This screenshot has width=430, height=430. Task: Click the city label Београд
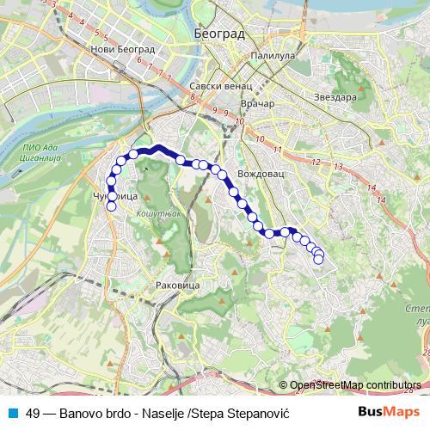[x=220, y=34]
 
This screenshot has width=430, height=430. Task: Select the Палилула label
[x=273, y=55]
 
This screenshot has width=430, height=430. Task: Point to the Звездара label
[x=335, y=96]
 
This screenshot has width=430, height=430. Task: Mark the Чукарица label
[x=114, y=197]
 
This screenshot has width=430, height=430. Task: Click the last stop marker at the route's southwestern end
[x=111, y=206]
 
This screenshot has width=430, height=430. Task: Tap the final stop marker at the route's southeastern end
[x=319, y=259]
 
